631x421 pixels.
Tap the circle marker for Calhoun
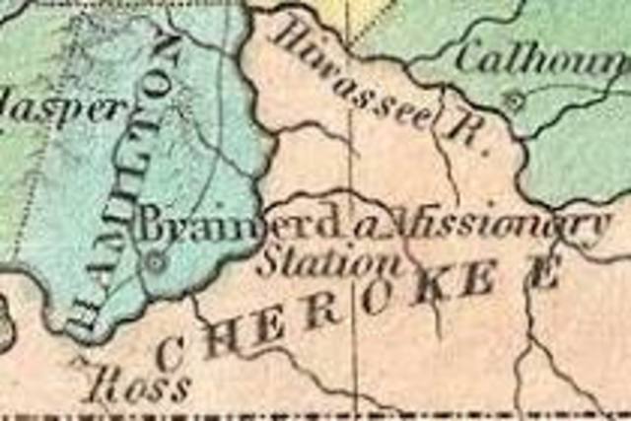click(x=511, y=100)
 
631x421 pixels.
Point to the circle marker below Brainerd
click(x=155, y=262)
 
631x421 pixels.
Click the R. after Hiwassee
click(x=464, y=129)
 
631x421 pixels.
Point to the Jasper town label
click(x=61, y=107)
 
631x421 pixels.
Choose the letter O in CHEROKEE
click(x=375, y=301)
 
